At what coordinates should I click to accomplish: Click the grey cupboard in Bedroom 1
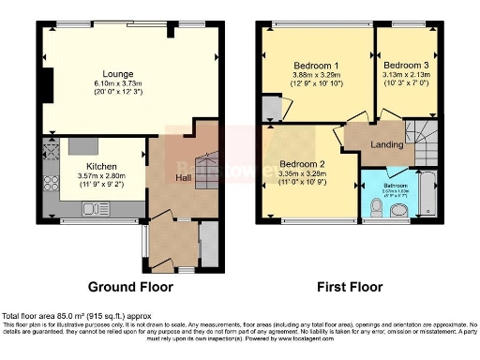(271, 109)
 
